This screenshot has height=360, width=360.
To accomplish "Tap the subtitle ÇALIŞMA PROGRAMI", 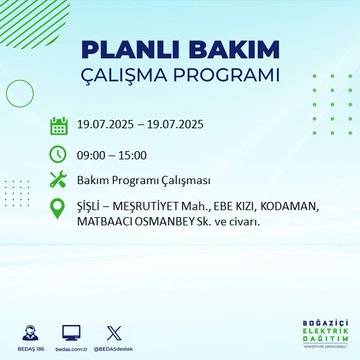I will click(x=179, y=76).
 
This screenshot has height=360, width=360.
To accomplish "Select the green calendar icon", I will click(x=59, y=126).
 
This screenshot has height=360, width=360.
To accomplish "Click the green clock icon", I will click(x=59, y=154).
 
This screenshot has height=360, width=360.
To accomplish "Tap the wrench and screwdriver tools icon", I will click(x=59, y=181).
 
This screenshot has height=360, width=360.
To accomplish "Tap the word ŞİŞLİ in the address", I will click(x=92, y=207).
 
